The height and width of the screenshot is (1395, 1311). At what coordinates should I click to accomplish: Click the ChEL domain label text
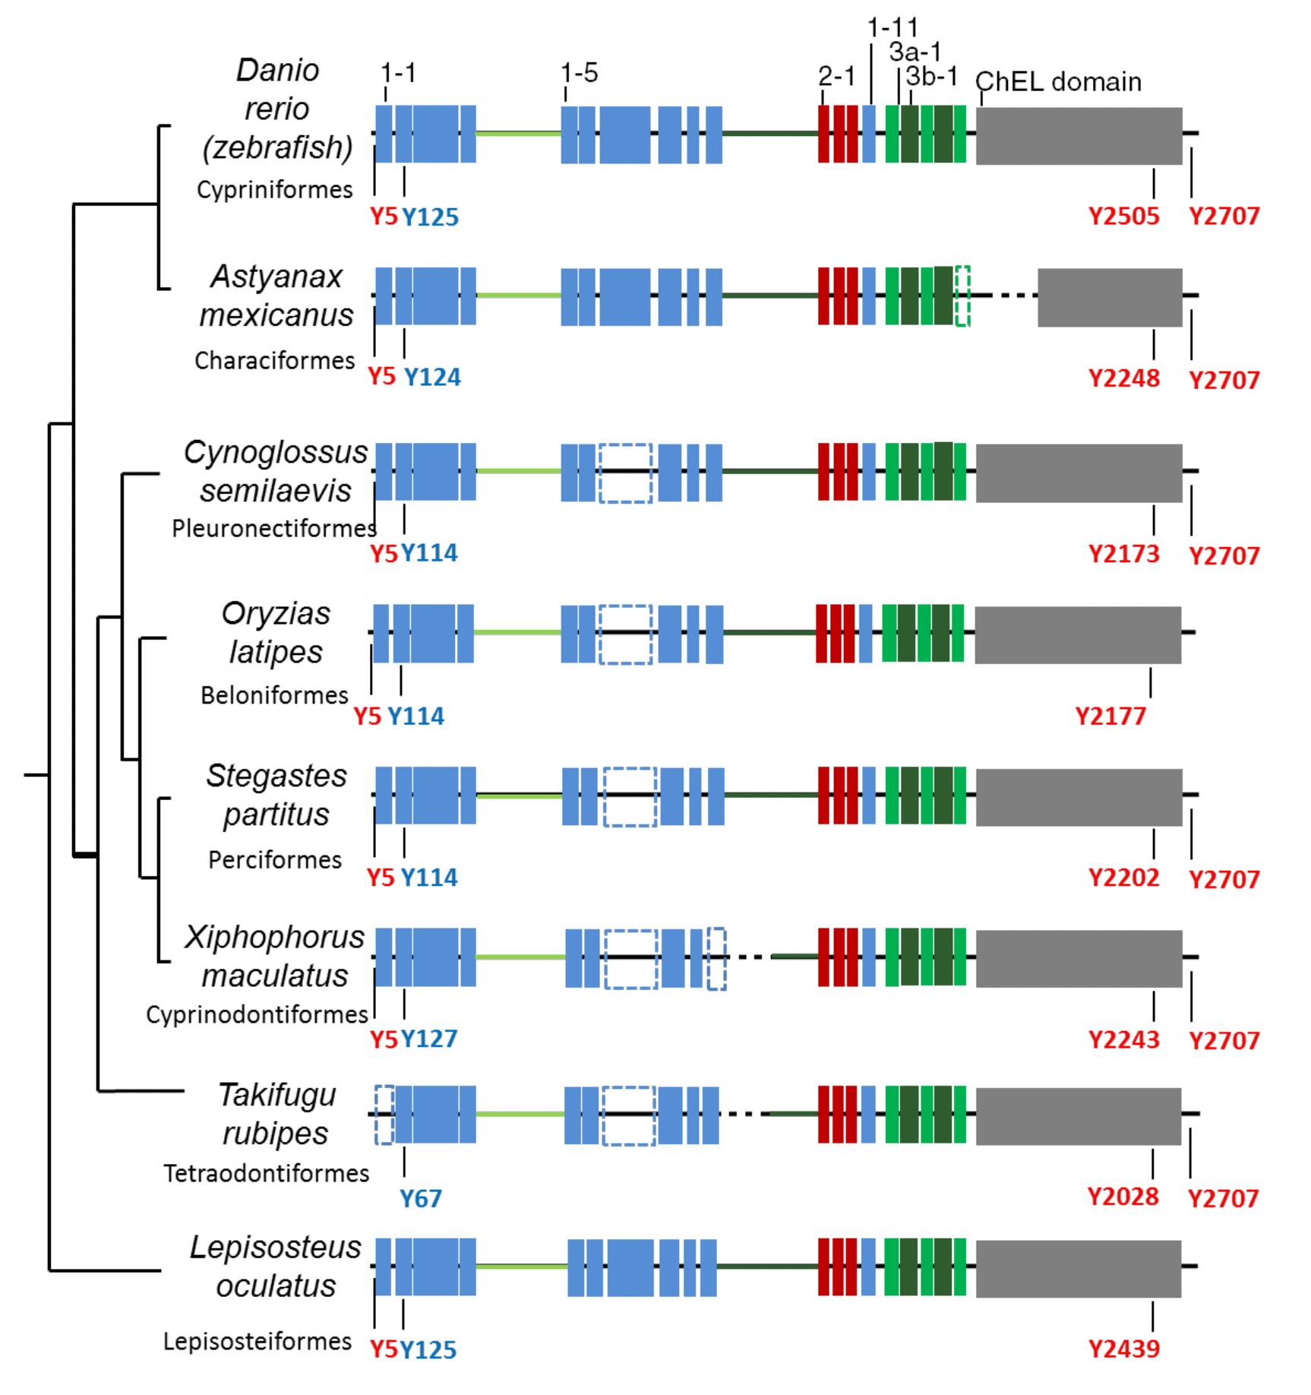[1058, 81]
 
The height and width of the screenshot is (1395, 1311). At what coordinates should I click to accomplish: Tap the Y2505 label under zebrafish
[1124, 217]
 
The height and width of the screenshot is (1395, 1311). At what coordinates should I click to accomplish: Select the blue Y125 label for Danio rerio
[430, 218]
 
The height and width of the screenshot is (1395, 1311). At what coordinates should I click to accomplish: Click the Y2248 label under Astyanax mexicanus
[1124, 378]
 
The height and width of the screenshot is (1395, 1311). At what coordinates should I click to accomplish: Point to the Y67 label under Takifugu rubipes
[421, 1198]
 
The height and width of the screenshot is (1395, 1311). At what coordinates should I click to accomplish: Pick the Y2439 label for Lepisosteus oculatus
[1124, 1349]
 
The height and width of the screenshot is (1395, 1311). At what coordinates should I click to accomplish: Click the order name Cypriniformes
[275, 189]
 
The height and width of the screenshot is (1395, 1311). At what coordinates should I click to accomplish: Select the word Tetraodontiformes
[267, 1173]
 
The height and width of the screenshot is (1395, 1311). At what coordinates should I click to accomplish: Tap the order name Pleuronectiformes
[274, 528]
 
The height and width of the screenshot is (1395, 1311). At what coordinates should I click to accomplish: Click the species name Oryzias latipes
[276, 632]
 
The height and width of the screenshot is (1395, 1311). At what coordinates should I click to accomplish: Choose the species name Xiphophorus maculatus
[275, 956]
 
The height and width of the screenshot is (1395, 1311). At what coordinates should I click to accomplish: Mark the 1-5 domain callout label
[580, 73]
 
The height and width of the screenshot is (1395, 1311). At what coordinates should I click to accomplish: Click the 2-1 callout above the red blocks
[836, 76]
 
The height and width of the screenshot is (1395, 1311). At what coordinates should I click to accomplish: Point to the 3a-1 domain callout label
[915, 52]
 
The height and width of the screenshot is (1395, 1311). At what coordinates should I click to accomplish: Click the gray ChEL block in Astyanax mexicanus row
[1110, 297]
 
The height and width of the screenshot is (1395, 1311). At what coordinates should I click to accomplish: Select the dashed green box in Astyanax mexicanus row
[962, 296]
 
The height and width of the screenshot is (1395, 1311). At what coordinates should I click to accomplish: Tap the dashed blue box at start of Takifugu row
[384, 1115]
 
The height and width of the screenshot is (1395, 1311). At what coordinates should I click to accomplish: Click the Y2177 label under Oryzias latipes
[1110, 716]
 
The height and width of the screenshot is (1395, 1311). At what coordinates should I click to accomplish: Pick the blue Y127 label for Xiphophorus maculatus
[429, 1039]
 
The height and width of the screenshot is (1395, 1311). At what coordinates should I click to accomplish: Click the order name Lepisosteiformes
[257, 1341]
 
